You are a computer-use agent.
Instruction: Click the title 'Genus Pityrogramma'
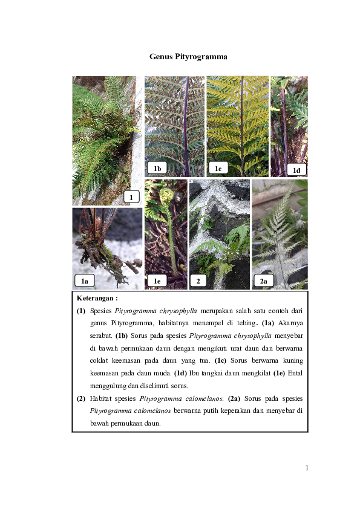(188, 56)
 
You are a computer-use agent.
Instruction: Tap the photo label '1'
(131, 197)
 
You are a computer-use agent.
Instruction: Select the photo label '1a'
(85, 280)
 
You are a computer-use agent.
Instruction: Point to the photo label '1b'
(157, 168)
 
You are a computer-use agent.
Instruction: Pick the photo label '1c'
(218, 168)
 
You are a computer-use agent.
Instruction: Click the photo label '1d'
(296, 170)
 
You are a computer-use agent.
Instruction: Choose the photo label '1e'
(157, 280)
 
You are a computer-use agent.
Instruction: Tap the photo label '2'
(198, 280)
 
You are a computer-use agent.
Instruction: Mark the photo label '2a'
(264, 280)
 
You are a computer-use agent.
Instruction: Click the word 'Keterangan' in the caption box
(95, 298)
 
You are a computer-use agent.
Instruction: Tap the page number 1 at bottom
(307, 468)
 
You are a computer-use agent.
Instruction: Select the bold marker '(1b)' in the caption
(122, 336)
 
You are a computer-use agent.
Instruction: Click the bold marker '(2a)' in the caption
(234, 398)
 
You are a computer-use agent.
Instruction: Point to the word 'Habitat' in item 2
(100, 398)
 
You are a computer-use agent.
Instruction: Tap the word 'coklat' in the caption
(99, 360)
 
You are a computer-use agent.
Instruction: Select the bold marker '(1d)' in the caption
(180, 373)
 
